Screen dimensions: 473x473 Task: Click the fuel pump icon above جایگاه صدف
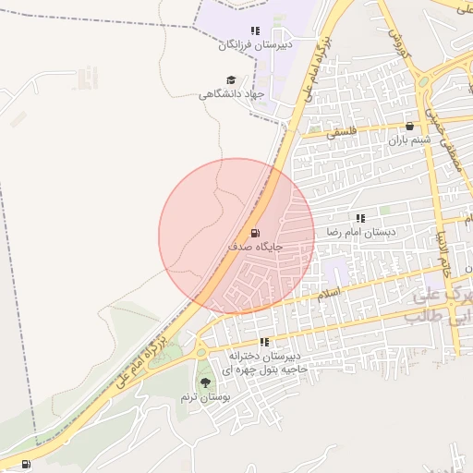click(255, 232)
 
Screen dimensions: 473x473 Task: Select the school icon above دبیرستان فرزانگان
click(255, 30)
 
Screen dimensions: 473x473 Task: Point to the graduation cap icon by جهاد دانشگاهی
click(231, 80)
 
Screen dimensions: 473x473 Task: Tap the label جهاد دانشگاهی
click(232, 94)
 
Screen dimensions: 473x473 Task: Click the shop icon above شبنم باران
click(410, 126)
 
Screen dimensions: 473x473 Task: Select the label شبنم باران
click(410, 140)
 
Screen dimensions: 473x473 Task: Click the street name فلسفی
click(342, 133)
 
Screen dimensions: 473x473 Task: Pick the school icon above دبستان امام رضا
click(360, 218)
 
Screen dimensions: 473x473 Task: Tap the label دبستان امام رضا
click(360, 233)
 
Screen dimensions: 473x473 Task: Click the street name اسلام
click(329, 293)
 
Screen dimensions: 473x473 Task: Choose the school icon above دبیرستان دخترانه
click(265, 342)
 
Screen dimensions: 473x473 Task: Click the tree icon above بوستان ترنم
click(203, 382)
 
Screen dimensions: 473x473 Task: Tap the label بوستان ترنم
click(202, 397)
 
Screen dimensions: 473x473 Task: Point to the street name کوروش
click(398, 42)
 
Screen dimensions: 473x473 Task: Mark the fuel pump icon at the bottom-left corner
click(25, 463)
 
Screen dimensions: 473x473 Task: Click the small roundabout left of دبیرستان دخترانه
click(201, 351)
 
